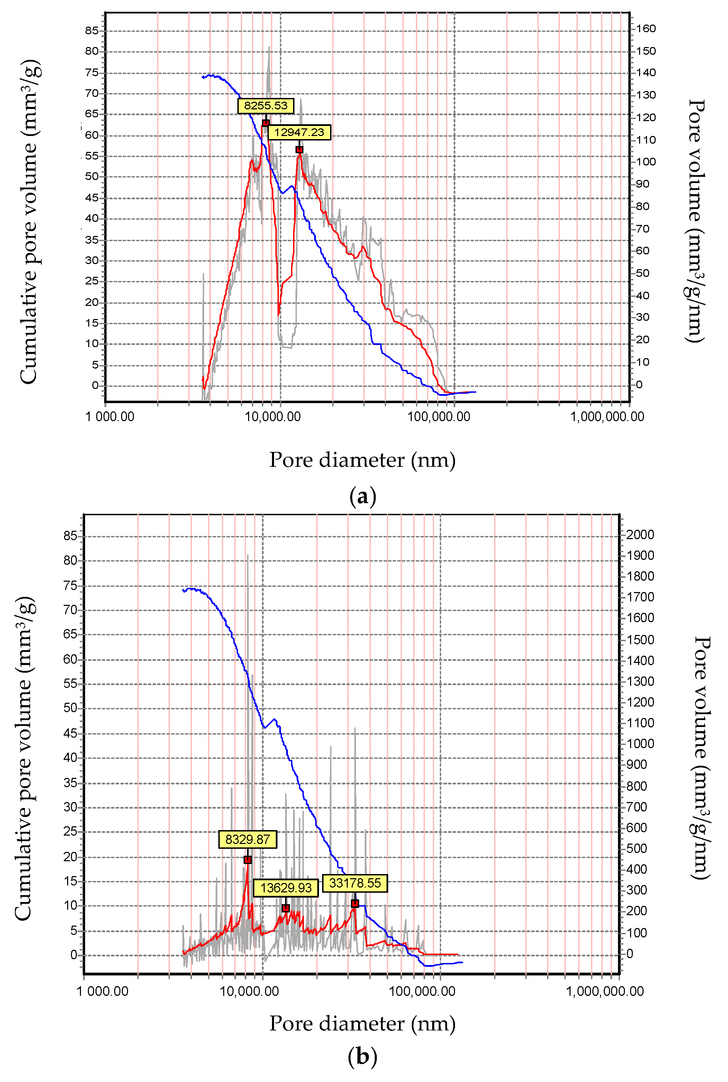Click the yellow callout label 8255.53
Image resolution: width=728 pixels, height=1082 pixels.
click(x=266, y=106)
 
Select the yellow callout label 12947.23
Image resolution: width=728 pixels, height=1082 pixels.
click(x=299, y=132)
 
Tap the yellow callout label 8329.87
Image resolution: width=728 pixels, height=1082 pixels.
click(x=247, y=839)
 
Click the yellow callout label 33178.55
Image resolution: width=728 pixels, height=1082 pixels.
click(x=355, y=883)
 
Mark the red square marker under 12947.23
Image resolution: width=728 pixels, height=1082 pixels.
click(x=299, y=149)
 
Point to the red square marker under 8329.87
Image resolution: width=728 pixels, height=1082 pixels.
click(x=247, y=860)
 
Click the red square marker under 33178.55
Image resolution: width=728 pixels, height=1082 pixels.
click(x=355, y=903)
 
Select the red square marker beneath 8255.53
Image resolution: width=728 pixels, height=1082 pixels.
click(x=266, y=123)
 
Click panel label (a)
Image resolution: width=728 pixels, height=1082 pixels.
click(x=363, y=497)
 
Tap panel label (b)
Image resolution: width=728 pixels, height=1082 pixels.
click(x=363, y=1057)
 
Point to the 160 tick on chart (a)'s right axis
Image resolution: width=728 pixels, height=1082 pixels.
click(x=645, y=29)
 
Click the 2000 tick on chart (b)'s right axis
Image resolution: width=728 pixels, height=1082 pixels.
click(x=640, y=535)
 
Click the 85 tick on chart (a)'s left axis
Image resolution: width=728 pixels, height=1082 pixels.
click(x=92, y=31)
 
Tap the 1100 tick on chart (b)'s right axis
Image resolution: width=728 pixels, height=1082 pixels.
click(x=640, y=723)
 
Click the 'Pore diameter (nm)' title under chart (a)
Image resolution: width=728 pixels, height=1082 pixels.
click(x=363, y=460)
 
